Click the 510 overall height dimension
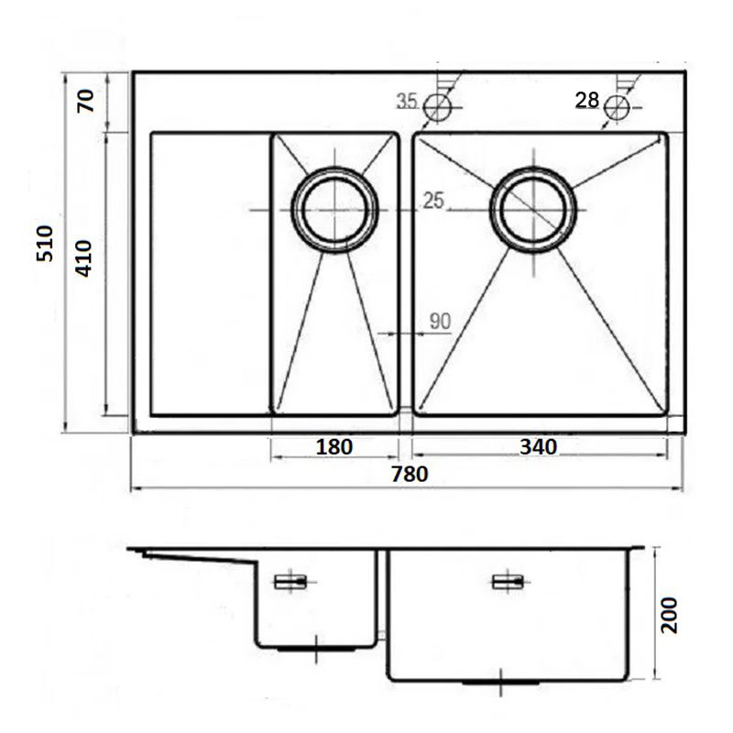(x=45, y=244)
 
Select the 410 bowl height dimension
(x=83, y=259)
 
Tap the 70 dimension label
(x=86, y=101)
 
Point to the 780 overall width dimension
(x=410, y=475)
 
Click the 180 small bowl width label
(x=334, y=447)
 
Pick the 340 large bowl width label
(x=539, y=447)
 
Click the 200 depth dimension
(x=669, y=615)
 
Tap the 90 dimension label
(x=440, y=322)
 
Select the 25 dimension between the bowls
(x=433, y=201)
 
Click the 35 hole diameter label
(x=407, y=101)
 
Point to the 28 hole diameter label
(x=587, y=100)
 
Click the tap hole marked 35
(x=438, y=107)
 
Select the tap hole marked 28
(x=617, y=108)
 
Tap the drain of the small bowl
(x=334, y=210)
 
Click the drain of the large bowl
(x=533, y=210)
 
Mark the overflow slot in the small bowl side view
(x=290, y=582)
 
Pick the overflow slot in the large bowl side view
(x=509, y=582)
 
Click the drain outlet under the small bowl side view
(x=316, y=649)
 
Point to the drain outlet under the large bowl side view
(x=500, y=683)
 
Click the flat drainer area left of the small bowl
(x=211, y=274)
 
